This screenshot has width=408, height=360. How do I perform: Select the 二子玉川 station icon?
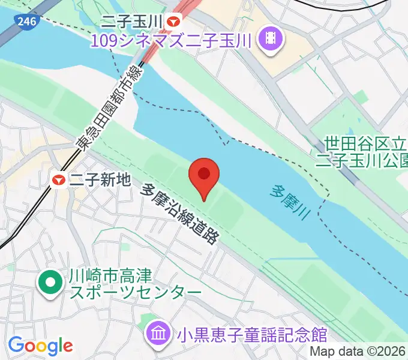174,22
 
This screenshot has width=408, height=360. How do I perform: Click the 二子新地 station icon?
59,179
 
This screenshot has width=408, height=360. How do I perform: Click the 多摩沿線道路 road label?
179,213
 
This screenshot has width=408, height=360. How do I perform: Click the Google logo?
40,346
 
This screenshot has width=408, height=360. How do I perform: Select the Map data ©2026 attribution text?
358,352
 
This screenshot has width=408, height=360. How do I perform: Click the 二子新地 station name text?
100,179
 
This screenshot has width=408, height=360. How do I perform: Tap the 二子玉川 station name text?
132,22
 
